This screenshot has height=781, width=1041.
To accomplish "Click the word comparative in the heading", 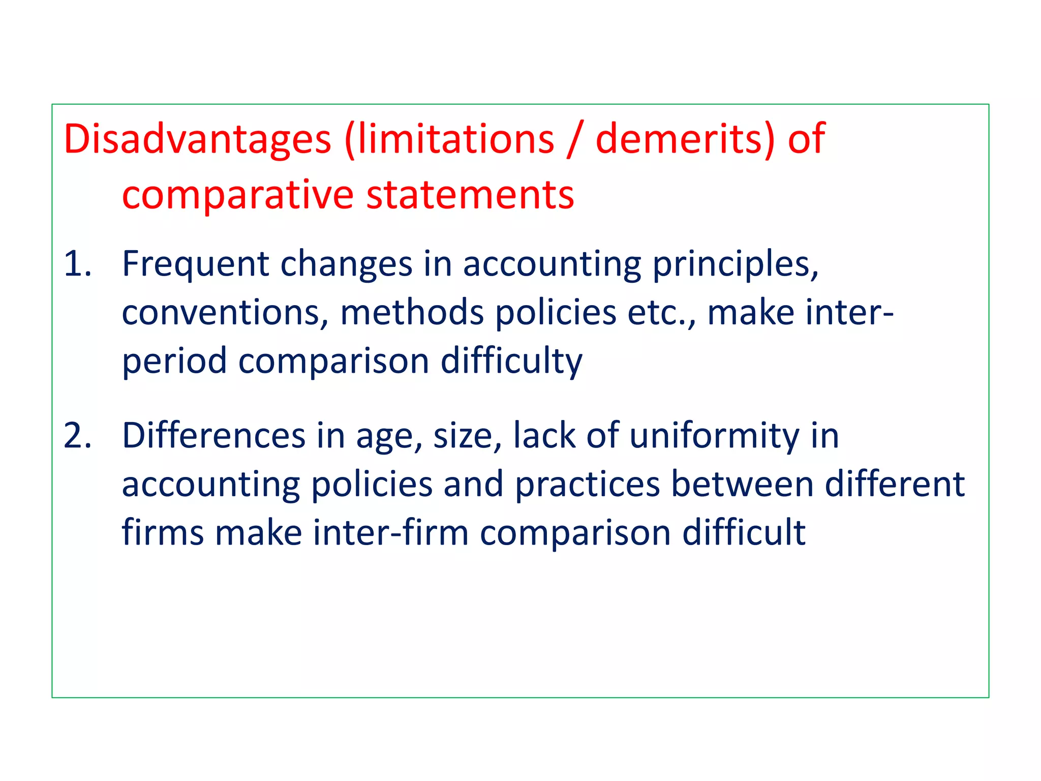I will click(x=238, y=196).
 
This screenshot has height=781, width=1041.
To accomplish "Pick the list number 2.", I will click(x=77, y=436).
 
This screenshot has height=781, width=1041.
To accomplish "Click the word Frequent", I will click(x=195, y=264).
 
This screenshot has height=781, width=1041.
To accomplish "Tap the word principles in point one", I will click(x=735, y=264).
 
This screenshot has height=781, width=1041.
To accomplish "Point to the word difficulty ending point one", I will click(x=511, y=361).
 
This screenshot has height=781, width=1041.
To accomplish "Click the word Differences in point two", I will click(x=214, y=436).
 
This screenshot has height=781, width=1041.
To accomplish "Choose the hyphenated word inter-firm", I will click(x=390, y=533).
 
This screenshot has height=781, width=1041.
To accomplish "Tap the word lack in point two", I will click(x=544, y=436).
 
